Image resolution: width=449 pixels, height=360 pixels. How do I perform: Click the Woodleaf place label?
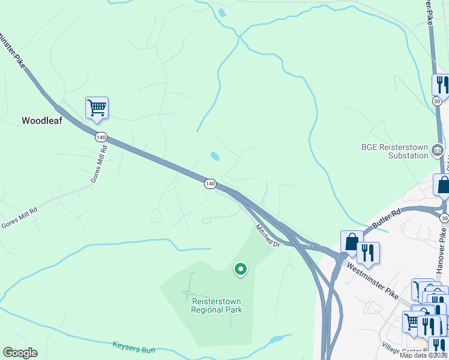pos(42,121)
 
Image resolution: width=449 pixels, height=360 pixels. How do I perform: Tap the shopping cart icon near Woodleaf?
pos(97,109)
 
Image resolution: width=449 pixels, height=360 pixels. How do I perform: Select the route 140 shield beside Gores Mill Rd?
pos(101,137)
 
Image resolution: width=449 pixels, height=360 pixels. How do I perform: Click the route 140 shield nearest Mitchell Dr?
pos(209,184)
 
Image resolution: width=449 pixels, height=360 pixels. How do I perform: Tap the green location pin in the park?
pos(240,269)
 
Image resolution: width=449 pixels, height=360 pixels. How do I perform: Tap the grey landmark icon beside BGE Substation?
pos(438,150)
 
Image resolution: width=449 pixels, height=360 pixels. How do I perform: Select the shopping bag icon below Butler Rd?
pos(352,242)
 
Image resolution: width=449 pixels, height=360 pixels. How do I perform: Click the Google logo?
pos(20,353)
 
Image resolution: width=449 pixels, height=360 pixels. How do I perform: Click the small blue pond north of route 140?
pos(214,157)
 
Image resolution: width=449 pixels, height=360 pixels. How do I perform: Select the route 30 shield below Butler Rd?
pos(444,217)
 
